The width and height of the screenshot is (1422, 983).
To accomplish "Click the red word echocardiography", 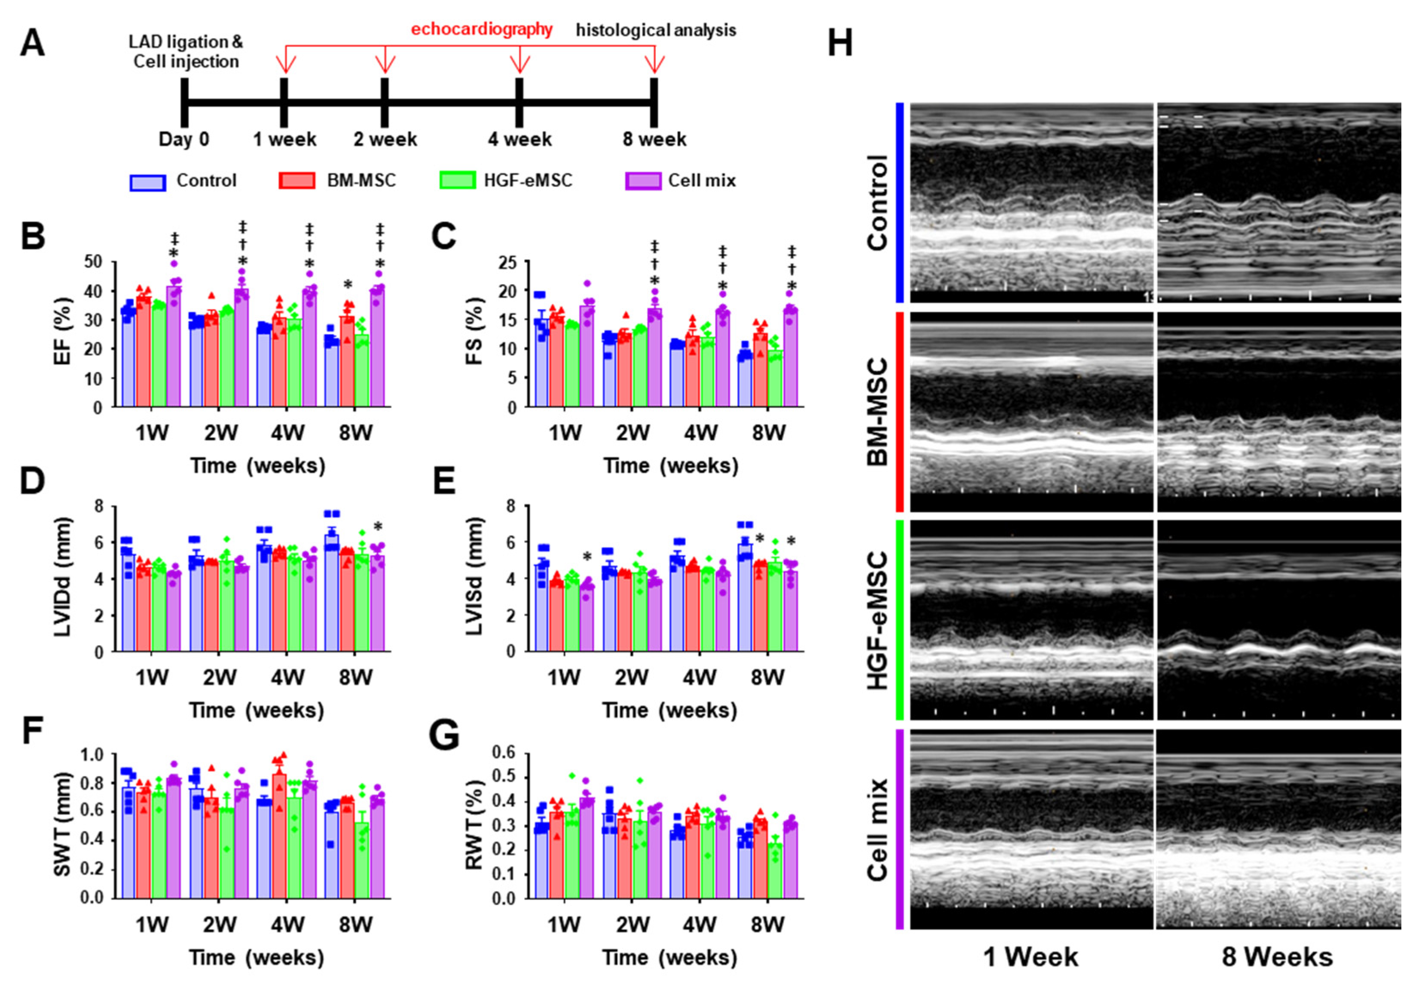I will tap(482, 30).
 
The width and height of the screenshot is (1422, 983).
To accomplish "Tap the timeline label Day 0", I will tap(183, 139).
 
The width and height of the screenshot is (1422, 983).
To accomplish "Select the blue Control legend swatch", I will tap(147, 182).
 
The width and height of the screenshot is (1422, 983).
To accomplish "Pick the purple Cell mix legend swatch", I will tap(643, 181).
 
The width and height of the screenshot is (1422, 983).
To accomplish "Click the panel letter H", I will tap(840, 44).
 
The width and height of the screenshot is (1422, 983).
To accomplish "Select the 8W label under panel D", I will tap(355, 677).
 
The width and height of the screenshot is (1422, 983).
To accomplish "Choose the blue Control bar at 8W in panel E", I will tap(745, 597).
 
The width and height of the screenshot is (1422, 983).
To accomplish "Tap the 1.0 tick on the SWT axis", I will tap(92, 754).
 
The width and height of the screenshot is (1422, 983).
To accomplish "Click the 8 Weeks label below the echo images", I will tap(1277, 956).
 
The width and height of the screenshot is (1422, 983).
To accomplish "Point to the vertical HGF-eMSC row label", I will tap(878, 620).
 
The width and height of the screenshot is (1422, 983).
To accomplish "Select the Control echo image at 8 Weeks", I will tap(1278, 202).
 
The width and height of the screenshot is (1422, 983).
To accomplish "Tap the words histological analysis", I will tap(656, 30).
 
